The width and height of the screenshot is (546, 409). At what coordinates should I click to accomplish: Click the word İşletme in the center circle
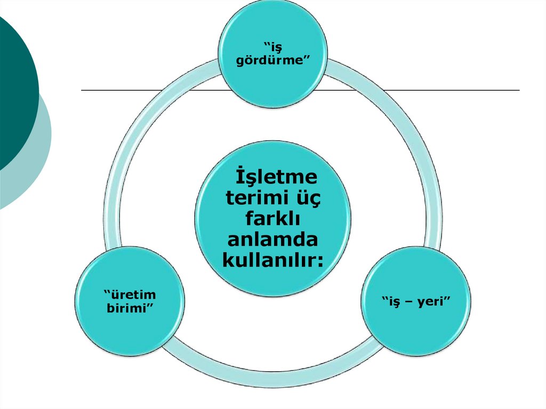pyautogui.click(x=276, y=177)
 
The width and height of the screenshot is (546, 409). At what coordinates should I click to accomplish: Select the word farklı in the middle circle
pyautogui.click(x=272, y=219)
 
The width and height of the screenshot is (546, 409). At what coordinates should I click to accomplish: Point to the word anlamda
pyautogui.click(x=272, y=239)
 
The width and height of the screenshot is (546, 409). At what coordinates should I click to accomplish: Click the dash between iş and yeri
pyautogui.click(x=409, y=303)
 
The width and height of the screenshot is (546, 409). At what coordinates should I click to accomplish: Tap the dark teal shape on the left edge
pyautogui.click(x=16, y=91)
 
